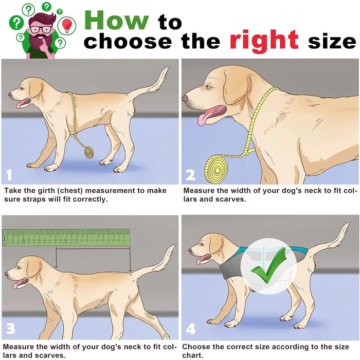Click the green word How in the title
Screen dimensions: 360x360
click(x=117, y=20)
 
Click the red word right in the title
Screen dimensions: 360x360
click(x=264, y=41)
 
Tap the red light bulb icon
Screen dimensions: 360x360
click(x=67, y=25)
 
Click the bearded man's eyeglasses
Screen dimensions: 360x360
click(x=41, y=29)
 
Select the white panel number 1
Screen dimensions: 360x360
click(x=9, y=174)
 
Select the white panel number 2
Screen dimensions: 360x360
click(x=191, y=175)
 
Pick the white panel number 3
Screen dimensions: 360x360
click(x=11, y=328)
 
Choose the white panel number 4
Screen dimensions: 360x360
click(x=191, y=329)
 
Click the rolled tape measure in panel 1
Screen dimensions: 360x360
click(x=89, y=152)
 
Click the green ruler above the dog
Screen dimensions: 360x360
click(x=66, y=238)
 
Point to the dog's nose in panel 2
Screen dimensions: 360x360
click(x=185, y=98)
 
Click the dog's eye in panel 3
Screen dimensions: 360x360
click(x=19, y=267)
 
